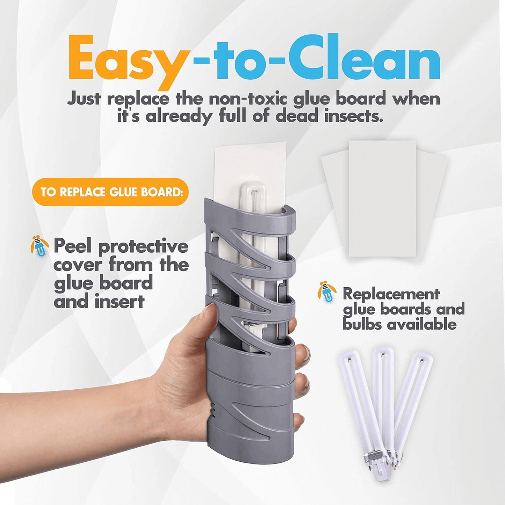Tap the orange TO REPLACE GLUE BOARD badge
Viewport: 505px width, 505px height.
(110, 192)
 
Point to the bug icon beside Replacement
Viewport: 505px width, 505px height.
(327, 293)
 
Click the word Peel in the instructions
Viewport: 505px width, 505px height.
(72, 246)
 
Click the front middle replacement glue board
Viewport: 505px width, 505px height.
(382, 199)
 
